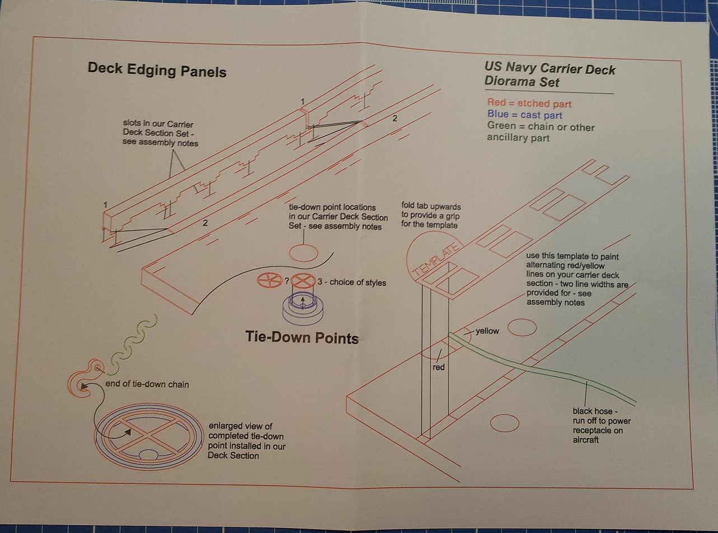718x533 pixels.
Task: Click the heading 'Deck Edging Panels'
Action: coord(157,70)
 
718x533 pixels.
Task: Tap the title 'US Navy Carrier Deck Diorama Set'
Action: coord(549,76)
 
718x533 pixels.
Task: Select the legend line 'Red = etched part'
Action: coord(529,103)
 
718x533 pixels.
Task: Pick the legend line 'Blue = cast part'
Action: coord(524,115)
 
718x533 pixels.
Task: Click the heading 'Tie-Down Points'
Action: coord(302,337)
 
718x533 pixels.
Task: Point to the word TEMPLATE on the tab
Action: coord(437,260)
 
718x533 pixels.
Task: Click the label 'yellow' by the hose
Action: coord(487,331)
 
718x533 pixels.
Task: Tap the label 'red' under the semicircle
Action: coord(439,367)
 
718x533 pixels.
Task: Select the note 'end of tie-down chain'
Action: coord(147,384)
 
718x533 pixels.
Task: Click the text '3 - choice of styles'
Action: coord(351,282)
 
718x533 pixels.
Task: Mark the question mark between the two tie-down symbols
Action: coord(287,281)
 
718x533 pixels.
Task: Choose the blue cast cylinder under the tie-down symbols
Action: coord(303,309)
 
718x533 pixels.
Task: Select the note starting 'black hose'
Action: coord(601,426)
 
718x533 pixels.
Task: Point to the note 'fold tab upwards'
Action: coord(430,215)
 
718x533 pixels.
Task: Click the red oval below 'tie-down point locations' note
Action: coord(303,253)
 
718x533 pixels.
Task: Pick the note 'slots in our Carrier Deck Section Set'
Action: coord(160,133)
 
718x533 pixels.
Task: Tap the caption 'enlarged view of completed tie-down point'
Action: coord(246,441)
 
